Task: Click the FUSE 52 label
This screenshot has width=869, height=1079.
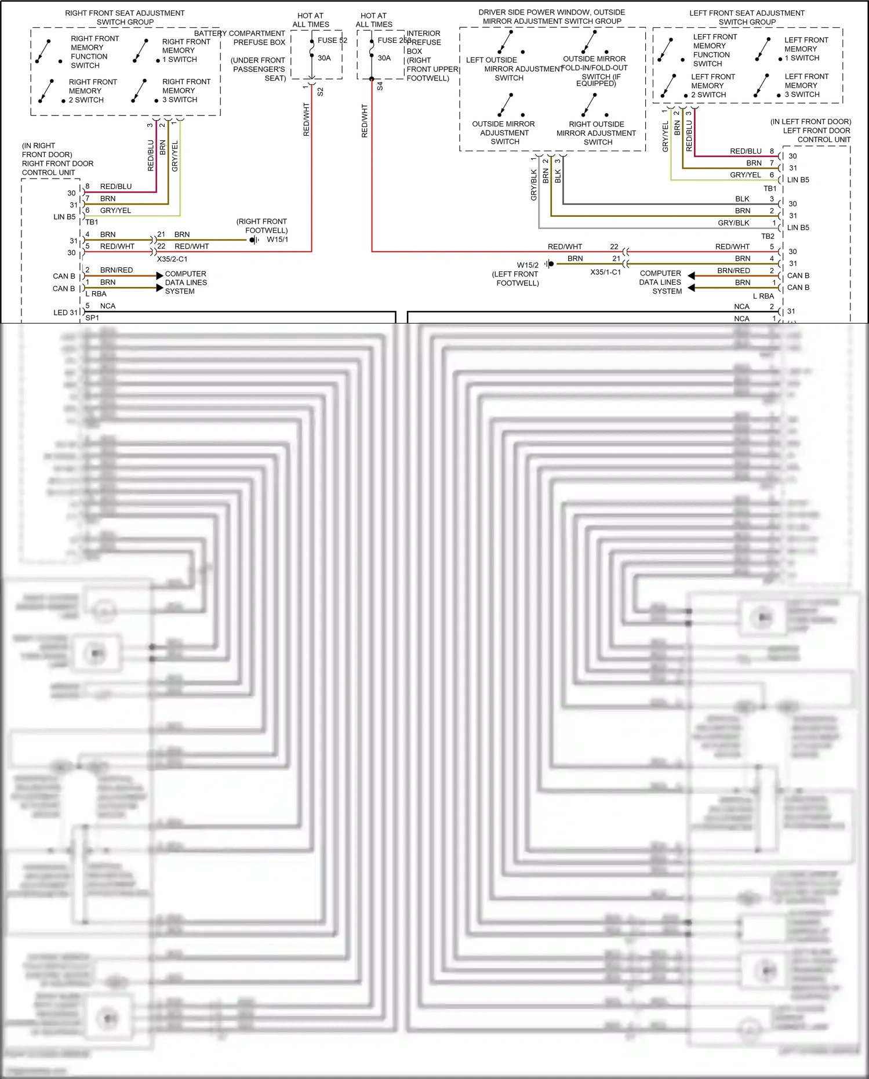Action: [x=332, y=41]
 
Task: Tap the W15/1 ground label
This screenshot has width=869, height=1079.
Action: [x=277, y=239]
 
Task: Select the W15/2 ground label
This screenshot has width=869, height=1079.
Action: [x=528, y=265]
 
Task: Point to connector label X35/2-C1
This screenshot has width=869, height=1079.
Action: [x=172, y=259]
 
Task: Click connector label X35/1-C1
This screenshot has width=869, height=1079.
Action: [x=605, y=272]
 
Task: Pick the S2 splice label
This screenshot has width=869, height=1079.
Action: [x=321, y=92]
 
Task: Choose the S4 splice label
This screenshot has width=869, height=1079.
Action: [x=380, y=86]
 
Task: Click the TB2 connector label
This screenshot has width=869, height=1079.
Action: [x=768, y=236]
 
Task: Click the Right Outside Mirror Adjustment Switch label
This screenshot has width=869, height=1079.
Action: [x=597, y=133]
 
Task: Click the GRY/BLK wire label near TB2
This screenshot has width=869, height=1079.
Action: [x=733, y=223]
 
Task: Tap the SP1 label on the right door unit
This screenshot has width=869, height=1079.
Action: [x=92, y=318]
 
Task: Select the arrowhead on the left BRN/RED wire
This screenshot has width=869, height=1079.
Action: [x=159, y=276]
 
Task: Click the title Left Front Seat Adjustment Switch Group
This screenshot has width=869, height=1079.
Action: [x=747, y=17]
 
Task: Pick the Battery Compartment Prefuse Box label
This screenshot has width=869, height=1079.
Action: [x=239, y=38]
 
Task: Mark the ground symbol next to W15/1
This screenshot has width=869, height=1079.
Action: [x=254, y=240]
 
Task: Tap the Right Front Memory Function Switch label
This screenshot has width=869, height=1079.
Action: [x=89, y=52]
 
